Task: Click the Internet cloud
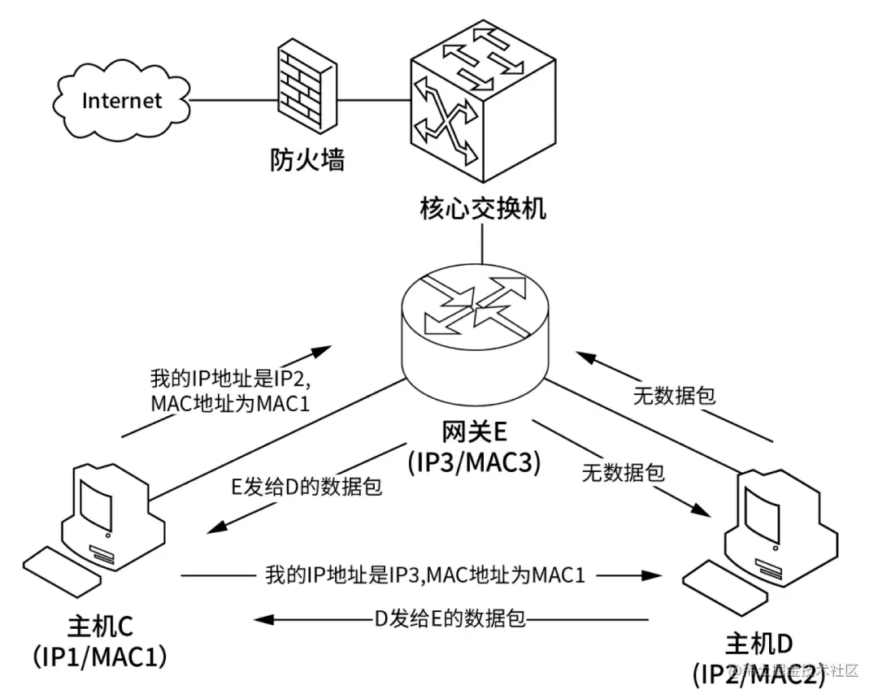[122, 100]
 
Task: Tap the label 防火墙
[307, 160]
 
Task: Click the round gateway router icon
[476, 325]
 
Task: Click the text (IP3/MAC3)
[474, 462]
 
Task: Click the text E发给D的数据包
[307, 486]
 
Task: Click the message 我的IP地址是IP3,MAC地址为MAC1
[424, 575]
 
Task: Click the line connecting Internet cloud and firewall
[230, 101]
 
